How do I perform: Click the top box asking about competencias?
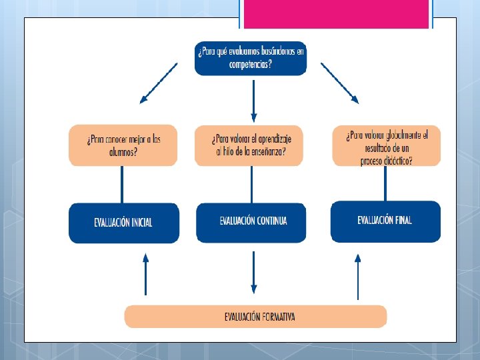(251, 58)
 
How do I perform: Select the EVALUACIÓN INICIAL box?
(123, 223)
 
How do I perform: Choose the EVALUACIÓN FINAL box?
(385, 221)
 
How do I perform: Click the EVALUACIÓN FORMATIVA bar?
(255, 316)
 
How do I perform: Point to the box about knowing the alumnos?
(123, 145)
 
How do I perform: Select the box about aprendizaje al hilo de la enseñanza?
(249, 145)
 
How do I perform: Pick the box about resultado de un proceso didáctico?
(386, 145)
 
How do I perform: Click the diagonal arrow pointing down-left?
(158, 83)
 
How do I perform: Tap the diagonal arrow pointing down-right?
(340, 83)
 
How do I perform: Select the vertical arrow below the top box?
(253, 97)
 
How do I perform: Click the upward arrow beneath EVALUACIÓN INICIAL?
(146, 273)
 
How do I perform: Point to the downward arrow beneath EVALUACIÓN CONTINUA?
(253, 272)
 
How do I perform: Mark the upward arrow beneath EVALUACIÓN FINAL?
(358, 276)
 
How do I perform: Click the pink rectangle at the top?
(336, 14)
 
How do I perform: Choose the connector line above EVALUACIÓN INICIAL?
(122, 185)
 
